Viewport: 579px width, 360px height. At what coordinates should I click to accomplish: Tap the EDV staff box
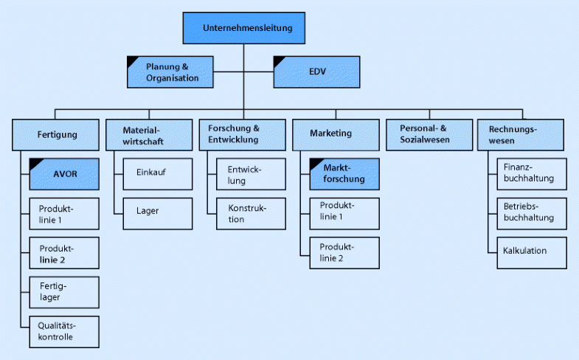tap(316, 72)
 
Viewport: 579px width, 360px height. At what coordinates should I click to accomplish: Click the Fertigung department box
tap(56, 134)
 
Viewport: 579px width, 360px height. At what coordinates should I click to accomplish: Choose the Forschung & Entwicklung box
tap(241, 134)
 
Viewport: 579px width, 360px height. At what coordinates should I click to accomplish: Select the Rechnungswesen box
tap(521, 134)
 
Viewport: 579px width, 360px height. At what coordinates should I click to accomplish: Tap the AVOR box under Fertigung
tap(64, 175)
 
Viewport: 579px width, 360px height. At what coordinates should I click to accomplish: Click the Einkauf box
tap(157, 173)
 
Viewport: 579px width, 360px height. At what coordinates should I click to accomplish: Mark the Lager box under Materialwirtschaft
tap(157, 212)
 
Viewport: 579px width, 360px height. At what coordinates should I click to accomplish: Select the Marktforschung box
tap(344, 174)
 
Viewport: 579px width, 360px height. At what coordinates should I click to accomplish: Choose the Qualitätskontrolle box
tap(64, 330)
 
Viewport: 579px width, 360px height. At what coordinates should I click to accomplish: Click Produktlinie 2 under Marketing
tap(344, 252)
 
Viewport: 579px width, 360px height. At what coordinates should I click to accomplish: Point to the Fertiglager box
tap(64, 291)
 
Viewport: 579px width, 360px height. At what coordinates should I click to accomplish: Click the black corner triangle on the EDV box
tap(280, 60)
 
